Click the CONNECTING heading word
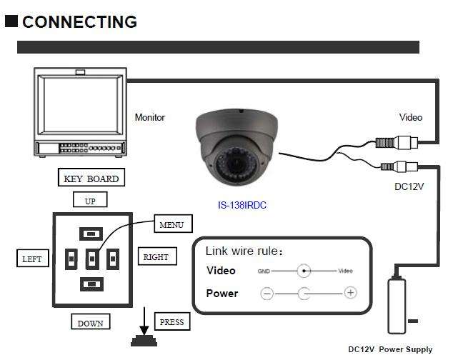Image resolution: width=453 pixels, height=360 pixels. (x=79, y=21)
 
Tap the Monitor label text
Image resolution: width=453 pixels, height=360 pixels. (x=149, y=117)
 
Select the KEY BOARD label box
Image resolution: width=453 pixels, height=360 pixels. (x=91, y=177)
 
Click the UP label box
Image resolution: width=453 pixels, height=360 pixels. (x=90, y=199)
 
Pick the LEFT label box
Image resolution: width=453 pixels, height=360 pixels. (x=33, y=258)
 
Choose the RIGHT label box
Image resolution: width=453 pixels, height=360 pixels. (x=157, y=256)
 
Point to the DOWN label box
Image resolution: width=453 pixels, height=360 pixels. (x=91, y=321)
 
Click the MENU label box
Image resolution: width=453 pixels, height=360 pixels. (x=173, y=224)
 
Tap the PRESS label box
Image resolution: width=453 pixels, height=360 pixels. (x=172, y=321)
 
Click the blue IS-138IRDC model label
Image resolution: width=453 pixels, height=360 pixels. (x=242, y=205)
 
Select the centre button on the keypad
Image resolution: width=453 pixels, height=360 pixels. (x=92, y=259)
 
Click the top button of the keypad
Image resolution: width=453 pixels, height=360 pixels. (x=91, y=234)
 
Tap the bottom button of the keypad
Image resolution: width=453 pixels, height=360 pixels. (x=91, y=284)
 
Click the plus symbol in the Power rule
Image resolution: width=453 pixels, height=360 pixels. (x=350, y=293)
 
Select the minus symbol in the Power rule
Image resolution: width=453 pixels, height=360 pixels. (x=267, y=294)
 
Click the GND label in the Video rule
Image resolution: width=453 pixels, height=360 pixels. (x=264, y=271)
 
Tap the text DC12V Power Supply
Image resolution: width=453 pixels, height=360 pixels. (x=390, y=349)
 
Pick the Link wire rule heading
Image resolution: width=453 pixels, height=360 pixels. (x=244, y=251)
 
